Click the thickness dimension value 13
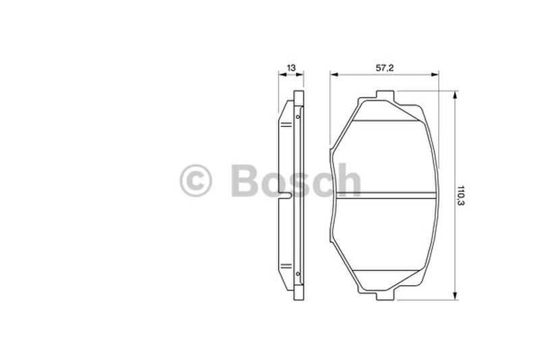(x=291, y=68)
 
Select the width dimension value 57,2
(x=384, y=68)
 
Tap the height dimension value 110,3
(x=461, y=195)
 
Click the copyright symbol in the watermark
(x=196, y=180)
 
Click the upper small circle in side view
(x=298, y=117)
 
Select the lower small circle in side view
(x=298, y=274)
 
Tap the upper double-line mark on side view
(x=286, y=125)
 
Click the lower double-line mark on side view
(x=286, y=266)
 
